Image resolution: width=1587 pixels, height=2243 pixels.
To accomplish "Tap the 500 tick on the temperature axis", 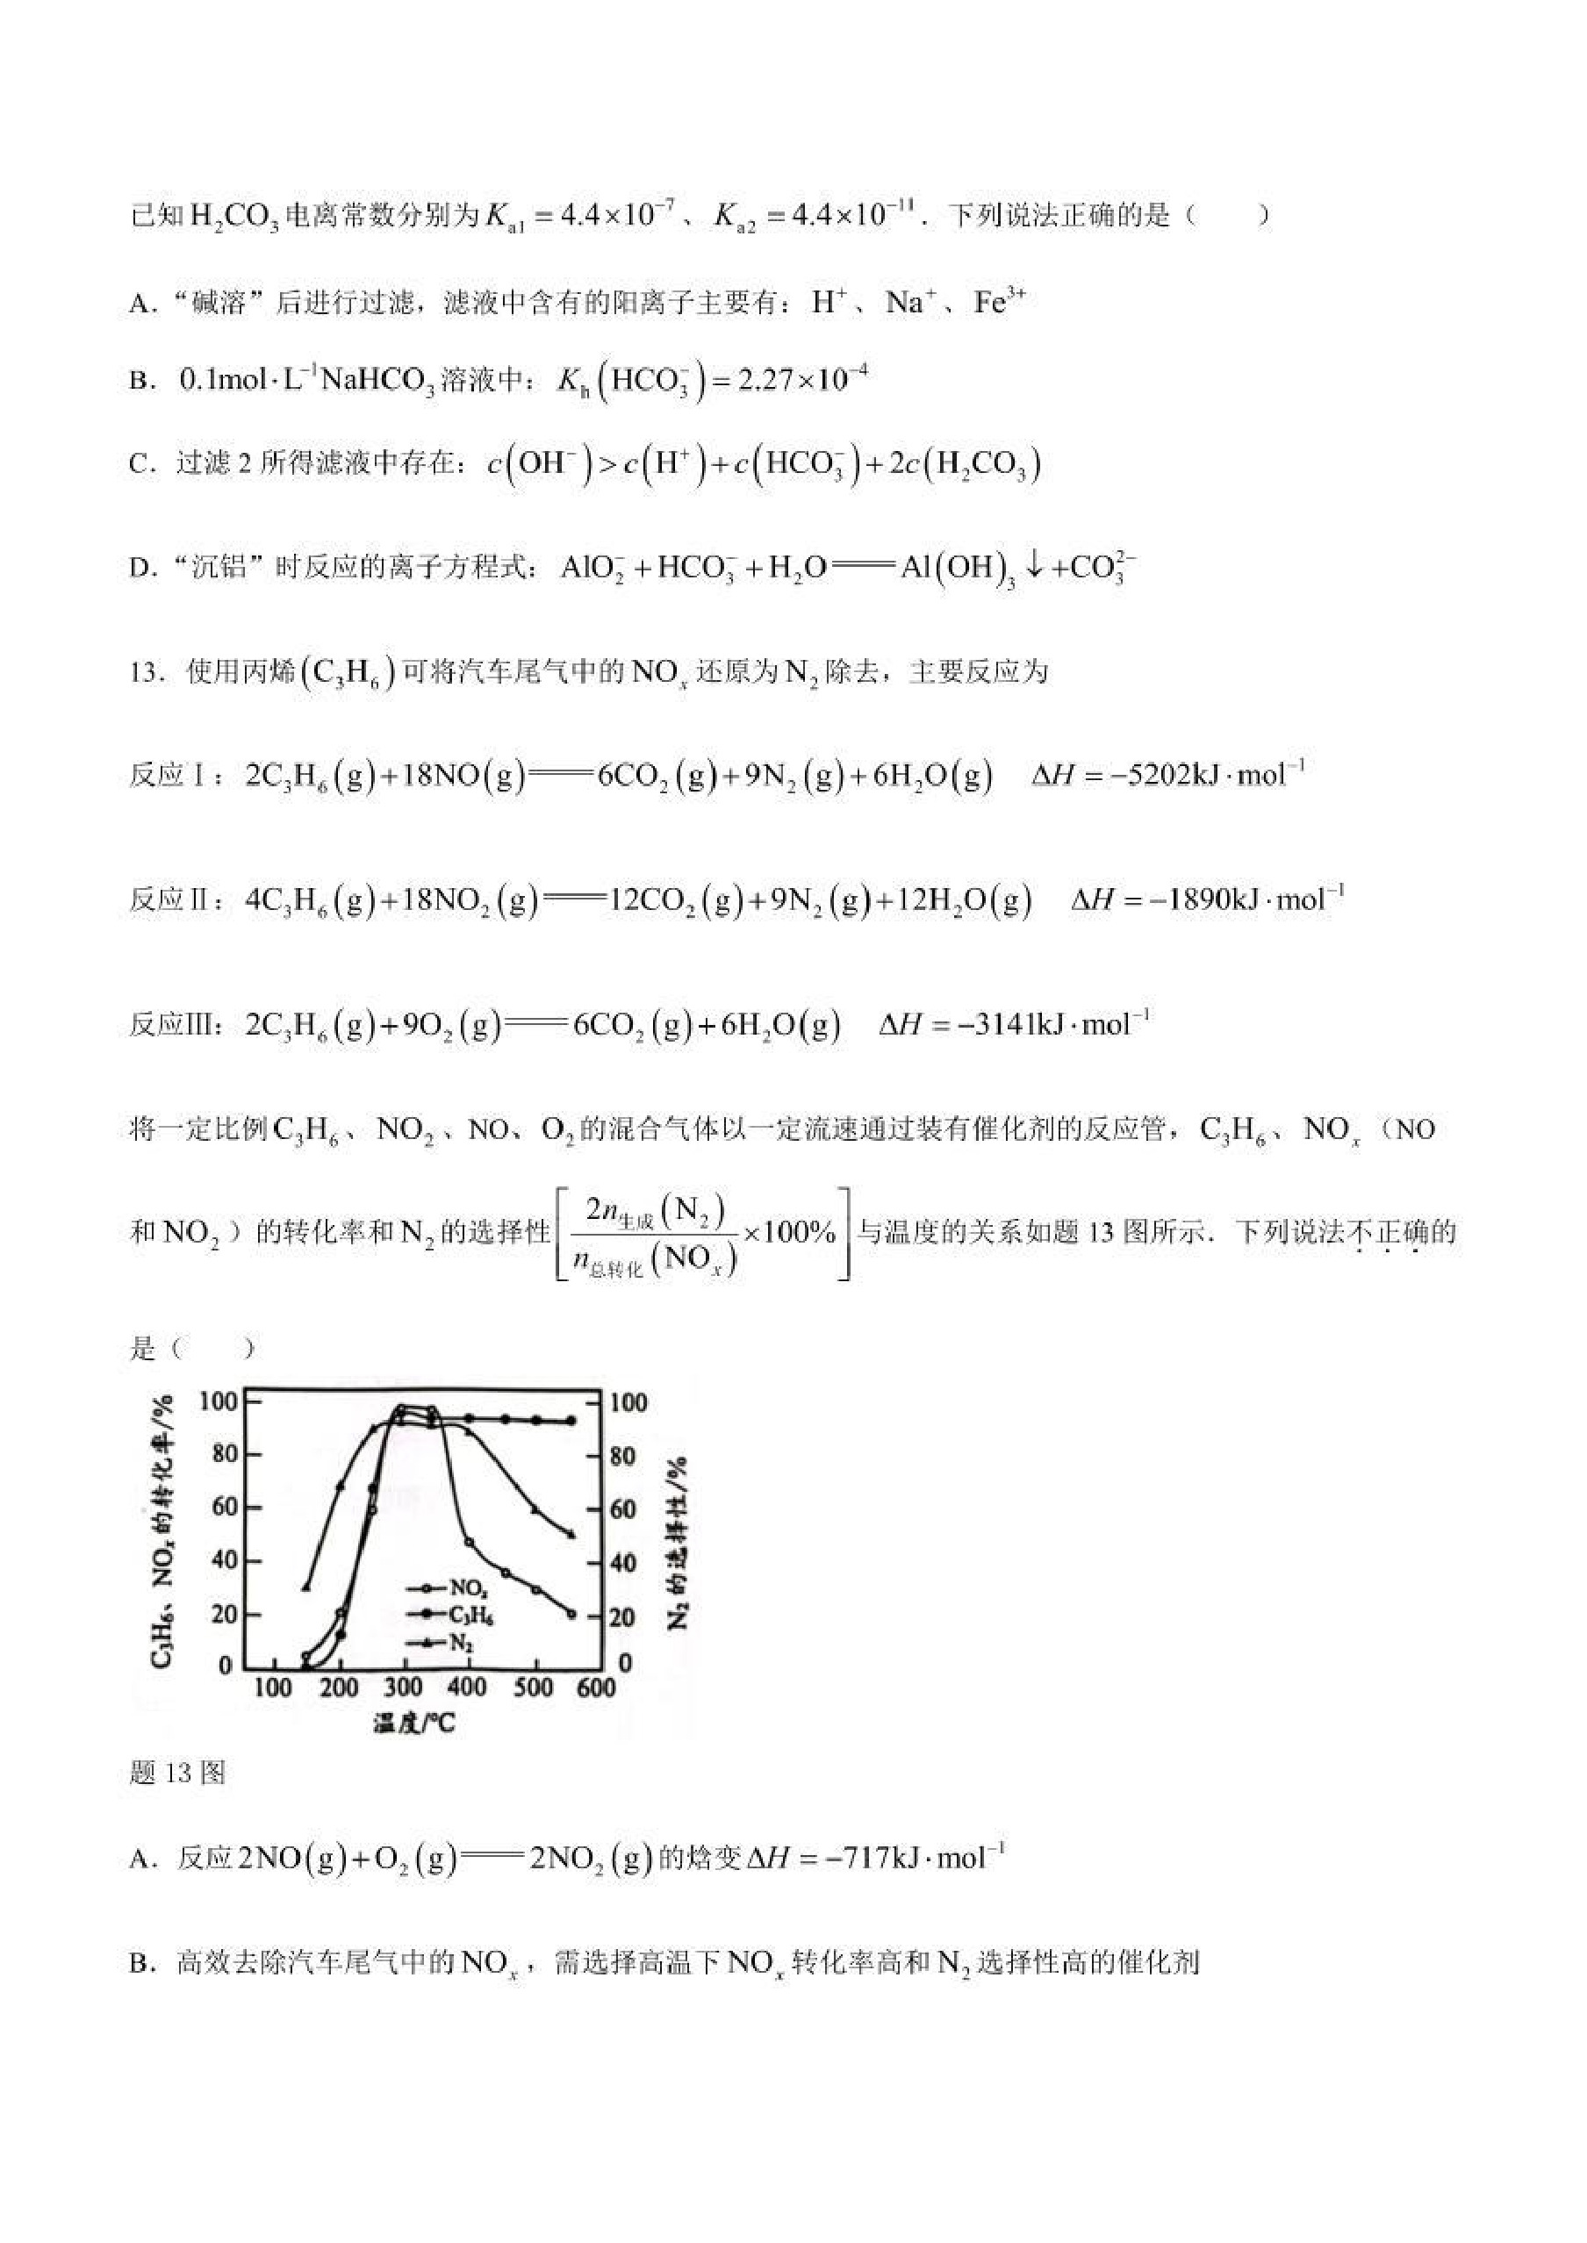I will coord(534,1688).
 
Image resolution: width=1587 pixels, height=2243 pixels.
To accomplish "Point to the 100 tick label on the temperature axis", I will coord(273,1688).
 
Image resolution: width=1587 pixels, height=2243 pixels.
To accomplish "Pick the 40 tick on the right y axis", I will coord(621,1562).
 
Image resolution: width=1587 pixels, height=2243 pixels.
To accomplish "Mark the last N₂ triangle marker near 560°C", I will coord(571,1534).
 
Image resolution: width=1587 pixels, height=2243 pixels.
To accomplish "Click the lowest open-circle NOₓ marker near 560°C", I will coord(571,1614).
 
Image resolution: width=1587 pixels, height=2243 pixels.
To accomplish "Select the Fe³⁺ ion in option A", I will coord(999,303).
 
